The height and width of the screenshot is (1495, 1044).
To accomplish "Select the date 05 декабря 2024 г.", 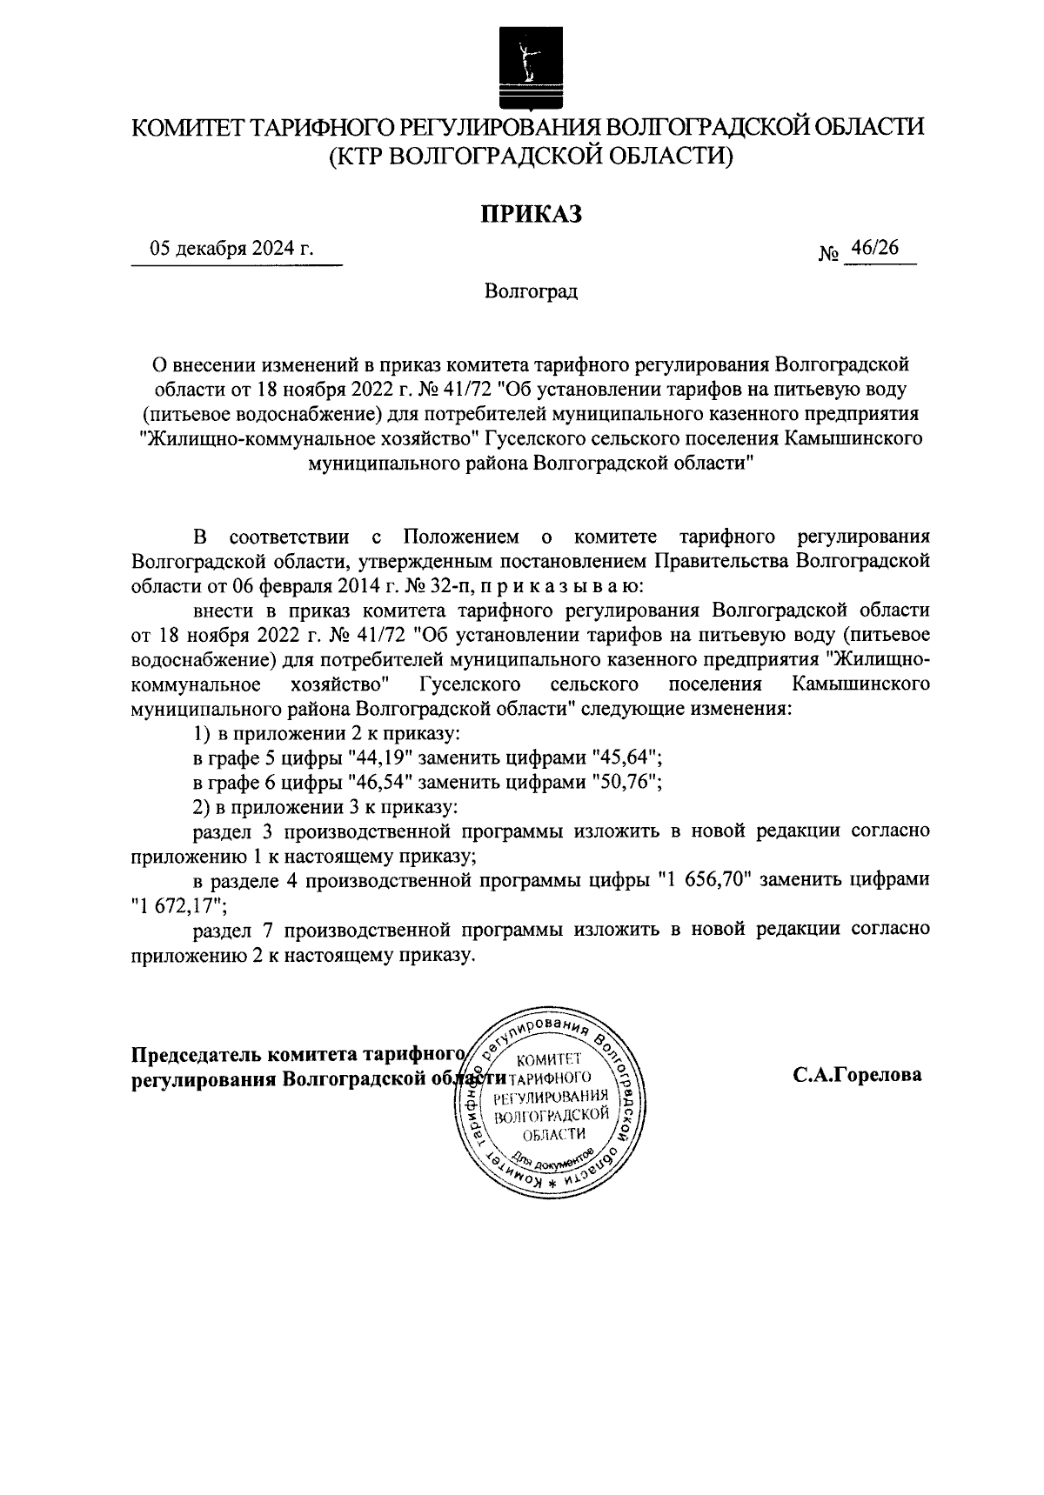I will coord(231,249).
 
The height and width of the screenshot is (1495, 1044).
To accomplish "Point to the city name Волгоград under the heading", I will coord(532,290).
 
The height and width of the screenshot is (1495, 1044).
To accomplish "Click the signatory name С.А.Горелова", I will coord(857,1075).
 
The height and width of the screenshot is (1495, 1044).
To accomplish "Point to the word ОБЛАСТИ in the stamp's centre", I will coord(554,1134).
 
